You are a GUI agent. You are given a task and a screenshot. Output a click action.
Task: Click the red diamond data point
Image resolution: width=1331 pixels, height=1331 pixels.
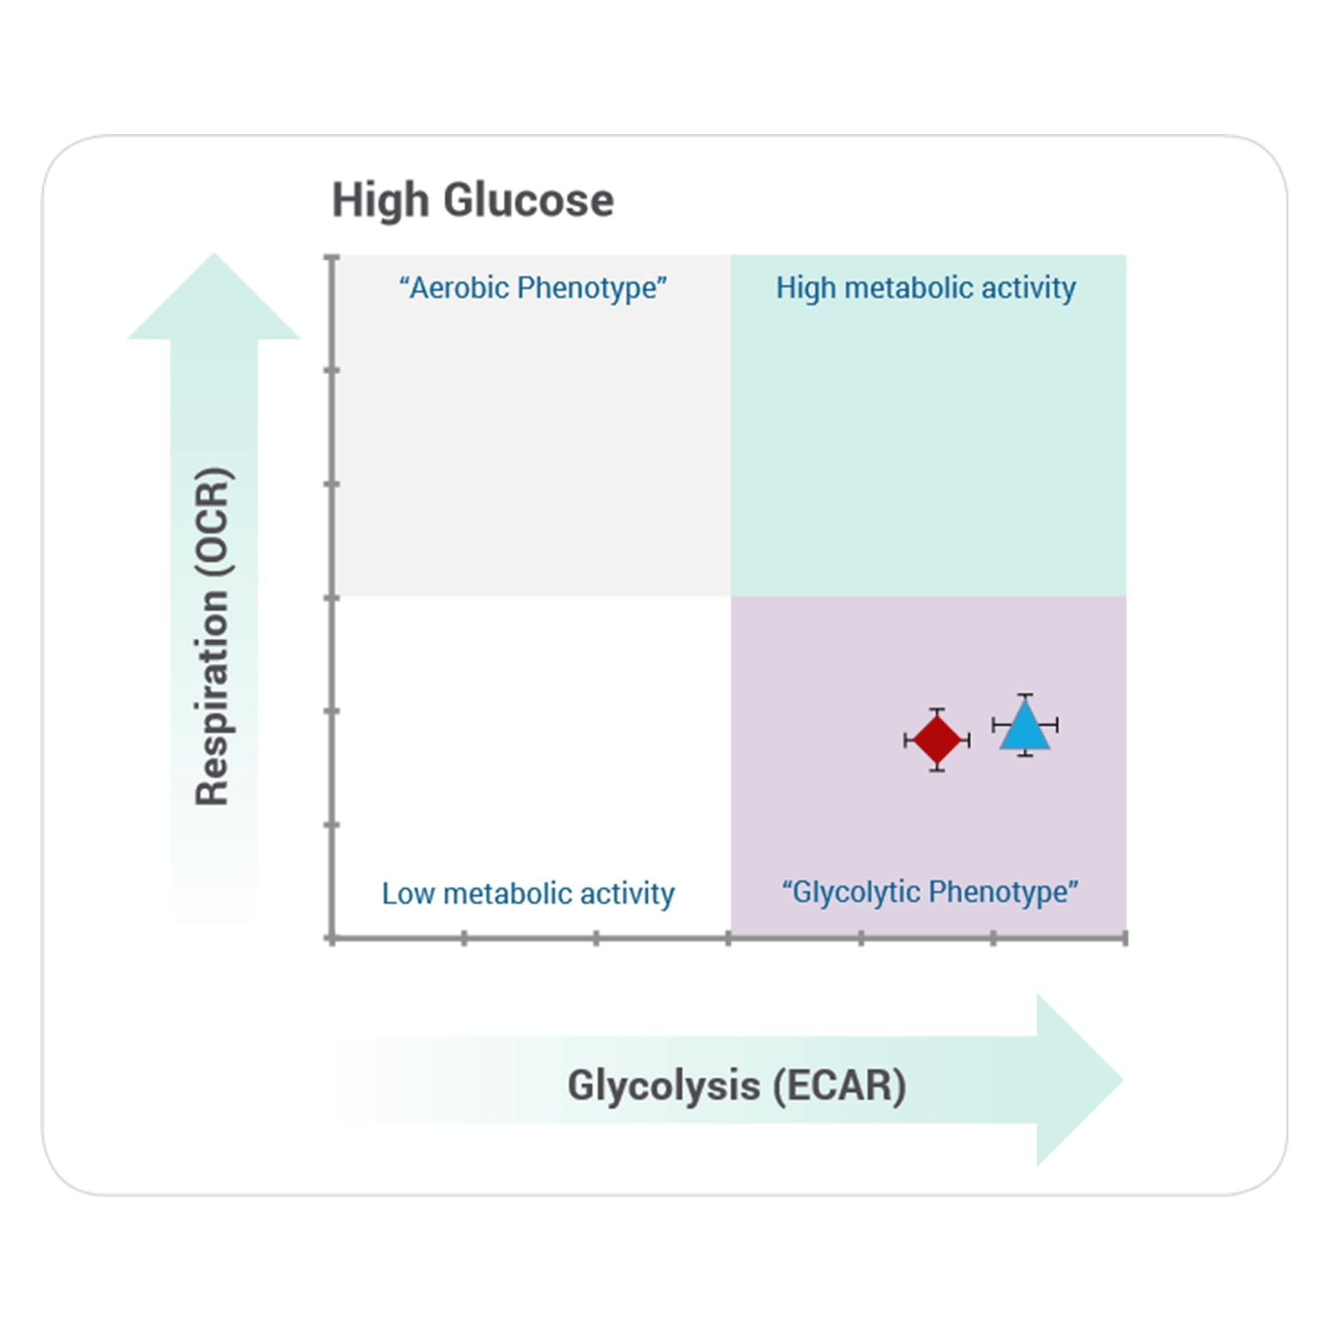click(x=938, y=740)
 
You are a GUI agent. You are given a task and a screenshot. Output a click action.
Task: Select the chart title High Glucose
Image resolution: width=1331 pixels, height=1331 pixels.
click(x=473, y=200)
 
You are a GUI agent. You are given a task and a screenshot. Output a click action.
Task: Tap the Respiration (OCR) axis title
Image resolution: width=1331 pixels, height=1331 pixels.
click(x=212, y=636)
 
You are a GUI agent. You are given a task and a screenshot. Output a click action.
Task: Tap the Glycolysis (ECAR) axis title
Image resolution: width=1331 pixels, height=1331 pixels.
click(x=736, y=1085)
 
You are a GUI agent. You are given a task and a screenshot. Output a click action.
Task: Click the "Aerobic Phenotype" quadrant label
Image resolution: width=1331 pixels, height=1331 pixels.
click(x=532, y=288)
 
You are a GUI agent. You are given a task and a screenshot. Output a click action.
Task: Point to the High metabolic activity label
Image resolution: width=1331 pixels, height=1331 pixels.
click(x=925, y=288)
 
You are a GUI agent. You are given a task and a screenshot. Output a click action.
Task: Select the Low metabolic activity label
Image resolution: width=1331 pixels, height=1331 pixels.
click(x=527, y=893)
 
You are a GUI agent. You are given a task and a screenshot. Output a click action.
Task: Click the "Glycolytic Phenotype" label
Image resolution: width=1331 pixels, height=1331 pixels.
click(x=929, y=892)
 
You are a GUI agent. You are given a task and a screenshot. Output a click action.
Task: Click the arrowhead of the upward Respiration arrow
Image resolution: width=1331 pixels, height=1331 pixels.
click(x=214, y=295)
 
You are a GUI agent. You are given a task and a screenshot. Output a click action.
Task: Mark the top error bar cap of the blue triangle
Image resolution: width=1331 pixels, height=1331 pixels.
click(x=1025, y=695)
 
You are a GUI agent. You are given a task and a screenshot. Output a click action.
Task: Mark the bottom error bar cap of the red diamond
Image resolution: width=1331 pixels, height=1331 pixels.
click(x=938, y=770)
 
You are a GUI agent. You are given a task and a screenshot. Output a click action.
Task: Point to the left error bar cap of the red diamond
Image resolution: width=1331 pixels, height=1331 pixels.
click(x=906, y=740)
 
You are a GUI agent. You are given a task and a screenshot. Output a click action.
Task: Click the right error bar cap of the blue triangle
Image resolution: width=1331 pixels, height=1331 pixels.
click(x=1056, y=725)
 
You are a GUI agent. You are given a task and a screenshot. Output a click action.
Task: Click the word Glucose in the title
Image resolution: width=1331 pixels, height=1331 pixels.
click(x=528, y=200)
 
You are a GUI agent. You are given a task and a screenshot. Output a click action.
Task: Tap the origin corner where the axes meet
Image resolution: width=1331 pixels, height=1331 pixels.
click(x=332, y=938)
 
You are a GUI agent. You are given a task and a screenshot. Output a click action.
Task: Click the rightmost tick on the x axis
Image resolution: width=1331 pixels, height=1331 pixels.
click(x=1125, y=938)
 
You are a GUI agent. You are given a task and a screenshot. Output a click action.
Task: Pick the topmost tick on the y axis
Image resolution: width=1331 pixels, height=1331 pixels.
click(x=332, y=258)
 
